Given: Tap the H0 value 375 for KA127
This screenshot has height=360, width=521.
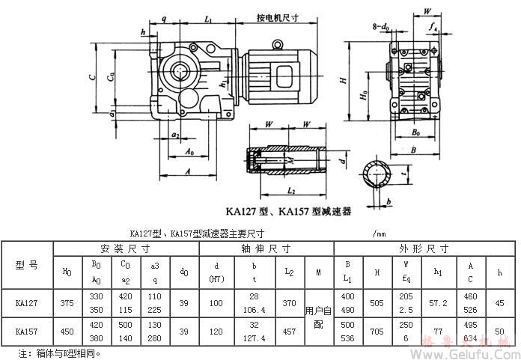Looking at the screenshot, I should point(67,304).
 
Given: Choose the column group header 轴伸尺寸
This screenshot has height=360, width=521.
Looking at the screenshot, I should point(266,248).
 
